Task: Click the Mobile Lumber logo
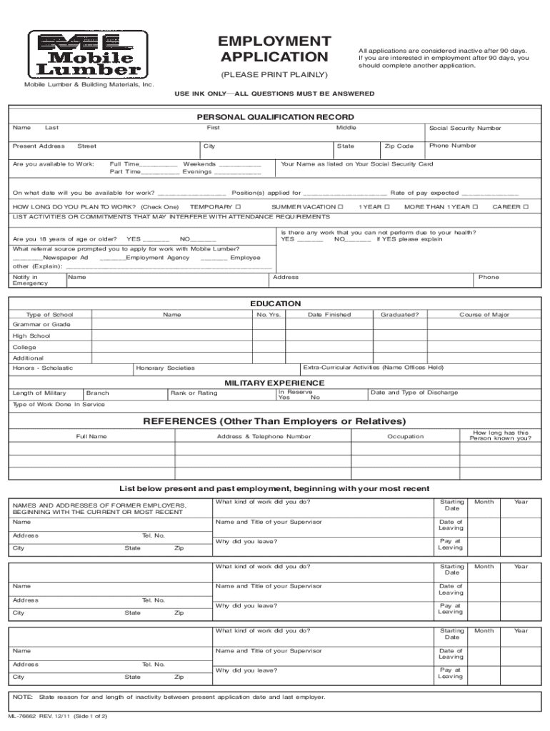pos(89,54)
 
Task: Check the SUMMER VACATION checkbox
pos(341,207)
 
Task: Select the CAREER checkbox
pos(526,207)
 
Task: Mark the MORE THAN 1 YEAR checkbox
pos(475,207)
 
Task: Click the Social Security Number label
pos(464,128)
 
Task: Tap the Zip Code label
pos(399,146)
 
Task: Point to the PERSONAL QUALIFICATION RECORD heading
pos(275,117)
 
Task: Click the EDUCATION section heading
pos(275,303)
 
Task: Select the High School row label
pos(31,336)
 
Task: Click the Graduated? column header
pos(399,315)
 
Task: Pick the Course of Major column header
pos(484,315)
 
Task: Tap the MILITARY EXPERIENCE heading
pos(275,383)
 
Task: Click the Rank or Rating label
pos(194,393)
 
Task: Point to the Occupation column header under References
pos(405,436)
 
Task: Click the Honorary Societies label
pos(165,368)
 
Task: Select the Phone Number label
pos(452,146)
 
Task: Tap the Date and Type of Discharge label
pos(414,393)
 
